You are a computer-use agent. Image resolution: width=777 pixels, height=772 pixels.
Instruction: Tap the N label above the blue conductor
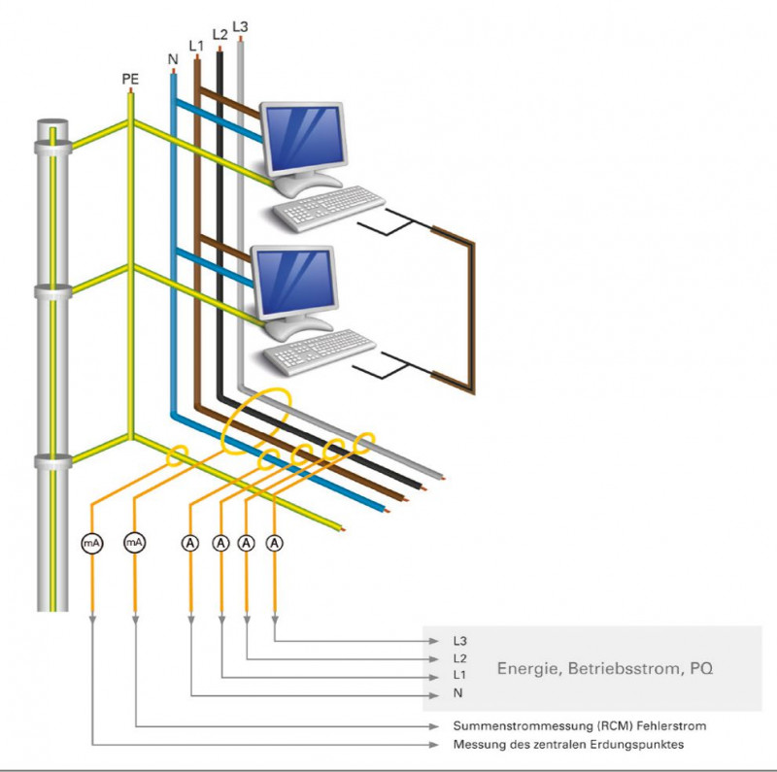click(173, 59)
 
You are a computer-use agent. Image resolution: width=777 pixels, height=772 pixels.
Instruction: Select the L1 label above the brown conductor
click(196, 46)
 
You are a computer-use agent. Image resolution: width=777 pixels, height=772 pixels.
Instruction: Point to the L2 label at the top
click(220, 35)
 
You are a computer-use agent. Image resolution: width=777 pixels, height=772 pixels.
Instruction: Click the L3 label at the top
click(241, 26)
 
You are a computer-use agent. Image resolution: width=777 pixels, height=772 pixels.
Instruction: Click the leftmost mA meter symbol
click(92, 543)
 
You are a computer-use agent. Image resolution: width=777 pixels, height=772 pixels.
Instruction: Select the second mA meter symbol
click(134, 543)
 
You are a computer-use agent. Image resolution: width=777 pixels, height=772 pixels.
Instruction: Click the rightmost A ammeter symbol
click(276, 543)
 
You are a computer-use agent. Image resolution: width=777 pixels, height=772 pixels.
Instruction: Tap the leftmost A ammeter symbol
click(190, 543)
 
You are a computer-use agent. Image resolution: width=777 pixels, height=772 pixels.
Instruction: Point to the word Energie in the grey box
click(533, 669)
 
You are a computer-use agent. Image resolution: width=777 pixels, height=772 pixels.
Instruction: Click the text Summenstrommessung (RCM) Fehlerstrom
click(580, 726)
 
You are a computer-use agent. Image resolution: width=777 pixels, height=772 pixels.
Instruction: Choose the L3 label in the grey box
click(459, 642)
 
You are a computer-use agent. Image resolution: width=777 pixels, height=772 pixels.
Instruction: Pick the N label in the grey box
click(456, 694)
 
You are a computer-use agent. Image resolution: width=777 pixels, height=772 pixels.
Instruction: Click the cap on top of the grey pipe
click(51, 127)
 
